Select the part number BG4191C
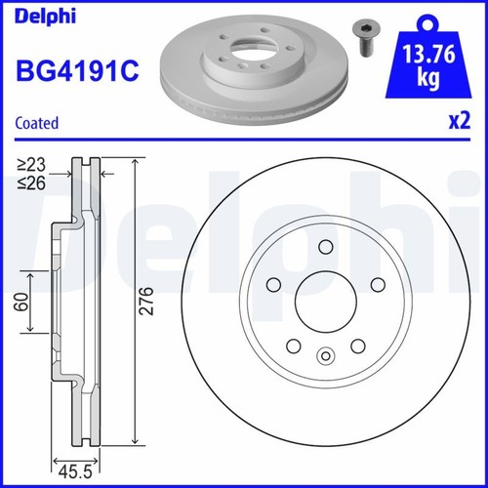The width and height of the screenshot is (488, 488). [x=74, y=70]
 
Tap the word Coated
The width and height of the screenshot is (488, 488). [x=38, y=123]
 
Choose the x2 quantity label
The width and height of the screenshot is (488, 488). [x=458, y=123]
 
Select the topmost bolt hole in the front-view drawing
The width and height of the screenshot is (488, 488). [x=326, y=247]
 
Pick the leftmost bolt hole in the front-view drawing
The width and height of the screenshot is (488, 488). [x=272, y=285]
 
